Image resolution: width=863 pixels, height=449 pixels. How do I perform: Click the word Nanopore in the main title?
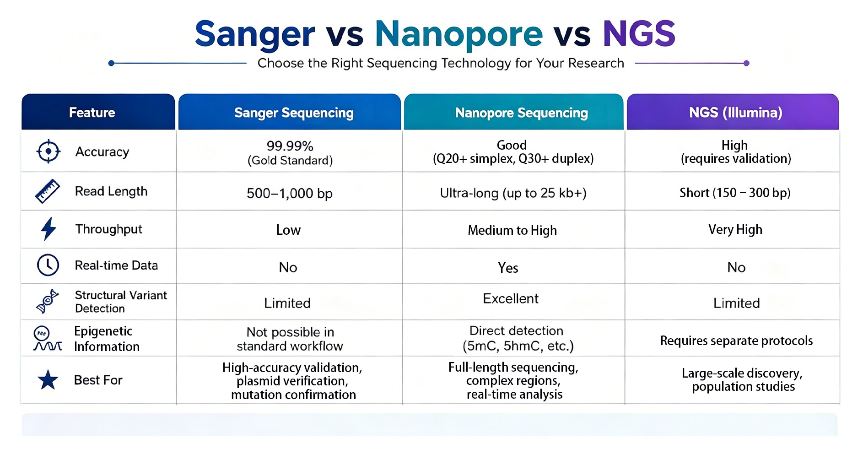458,34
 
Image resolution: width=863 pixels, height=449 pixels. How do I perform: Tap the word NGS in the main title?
639,33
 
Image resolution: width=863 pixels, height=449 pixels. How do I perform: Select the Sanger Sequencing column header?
294,113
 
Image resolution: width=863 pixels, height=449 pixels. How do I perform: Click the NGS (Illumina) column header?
736,113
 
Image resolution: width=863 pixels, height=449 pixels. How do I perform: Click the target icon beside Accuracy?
48,151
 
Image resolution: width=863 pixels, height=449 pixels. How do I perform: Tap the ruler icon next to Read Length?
48,191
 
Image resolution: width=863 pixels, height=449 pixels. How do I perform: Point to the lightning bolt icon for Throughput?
49,229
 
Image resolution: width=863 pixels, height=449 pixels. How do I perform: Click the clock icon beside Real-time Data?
48,265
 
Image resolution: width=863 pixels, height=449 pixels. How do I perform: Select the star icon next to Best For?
48,380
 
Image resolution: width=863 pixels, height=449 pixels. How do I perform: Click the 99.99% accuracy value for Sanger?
290,146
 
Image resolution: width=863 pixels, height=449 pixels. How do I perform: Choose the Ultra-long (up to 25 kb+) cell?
513,193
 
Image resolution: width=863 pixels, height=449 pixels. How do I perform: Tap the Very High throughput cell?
735,229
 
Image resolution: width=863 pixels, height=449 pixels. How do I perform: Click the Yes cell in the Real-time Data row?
508,268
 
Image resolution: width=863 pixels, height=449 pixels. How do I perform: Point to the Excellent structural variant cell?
511,298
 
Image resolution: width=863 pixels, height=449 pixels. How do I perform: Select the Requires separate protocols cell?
736,341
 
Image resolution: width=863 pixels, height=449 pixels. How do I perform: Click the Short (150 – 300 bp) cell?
735,193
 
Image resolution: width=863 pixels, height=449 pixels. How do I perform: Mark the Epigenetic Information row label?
107,339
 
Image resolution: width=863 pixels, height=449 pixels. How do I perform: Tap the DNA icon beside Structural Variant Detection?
48,301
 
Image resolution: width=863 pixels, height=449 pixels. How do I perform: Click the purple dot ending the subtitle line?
746,63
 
